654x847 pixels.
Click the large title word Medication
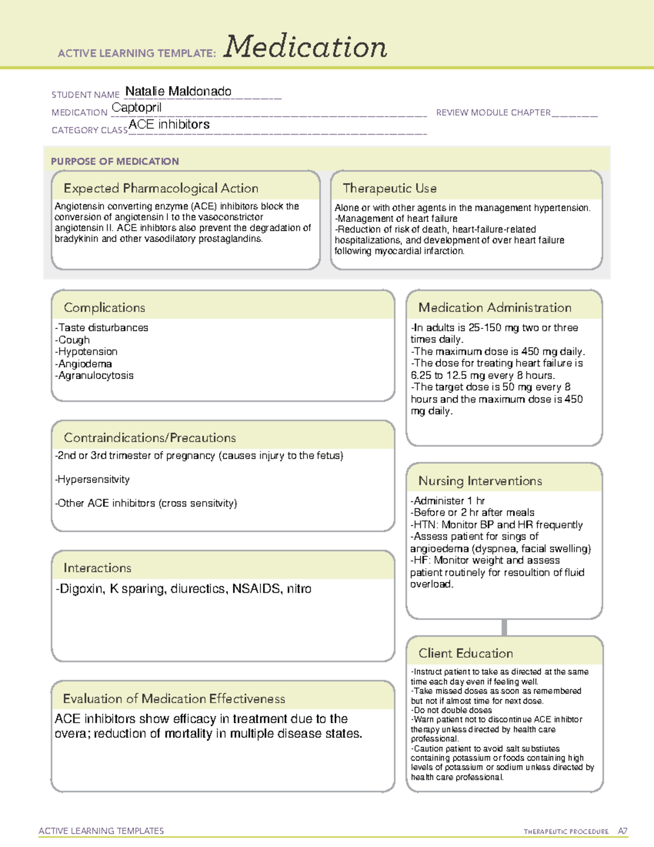[305, 47]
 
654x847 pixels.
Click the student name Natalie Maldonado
[178, 92]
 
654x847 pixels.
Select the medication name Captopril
[136, 108]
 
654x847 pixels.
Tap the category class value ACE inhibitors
[169, 124]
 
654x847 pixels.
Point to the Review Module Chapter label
[493, 112]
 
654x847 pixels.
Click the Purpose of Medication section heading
[114, 161]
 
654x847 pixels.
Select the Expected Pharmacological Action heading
[161, 188]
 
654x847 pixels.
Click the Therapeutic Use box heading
[389, 188]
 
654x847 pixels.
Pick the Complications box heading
[104, 308]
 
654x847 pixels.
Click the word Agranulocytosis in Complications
[96, 375]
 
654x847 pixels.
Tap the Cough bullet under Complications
[74, 340]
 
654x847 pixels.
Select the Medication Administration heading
[494, 308]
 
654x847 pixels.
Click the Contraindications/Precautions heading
[149, 437]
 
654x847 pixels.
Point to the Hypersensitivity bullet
[93, 479]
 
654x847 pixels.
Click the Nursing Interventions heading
[480, 480]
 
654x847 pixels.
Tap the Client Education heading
[465, 653]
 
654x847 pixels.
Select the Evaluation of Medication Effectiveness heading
[174, 699]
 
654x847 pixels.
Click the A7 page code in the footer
[622, 831]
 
